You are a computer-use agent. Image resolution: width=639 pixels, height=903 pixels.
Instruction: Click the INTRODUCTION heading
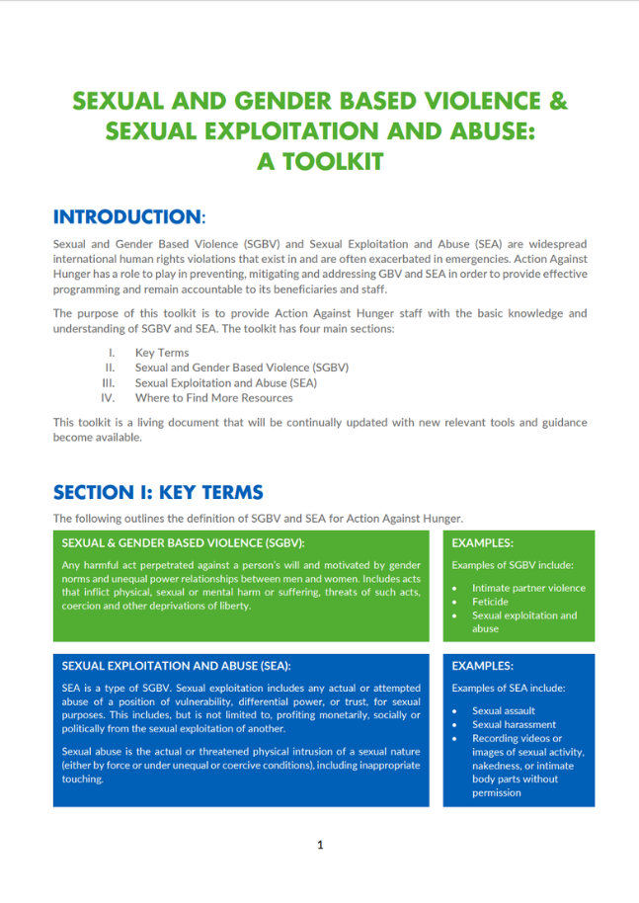(x=126, y=216)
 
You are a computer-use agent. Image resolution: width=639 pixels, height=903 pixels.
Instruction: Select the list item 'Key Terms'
(x=162, y=352)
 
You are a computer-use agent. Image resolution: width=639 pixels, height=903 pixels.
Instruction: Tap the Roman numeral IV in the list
(x=109, y=398)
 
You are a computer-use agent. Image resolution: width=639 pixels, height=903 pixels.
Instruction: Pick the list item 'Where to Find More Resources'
(x=213, y=398)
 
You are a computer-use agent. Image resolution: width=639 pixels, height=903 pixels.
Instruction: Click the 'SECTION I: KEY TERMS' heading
(x=158, y=492)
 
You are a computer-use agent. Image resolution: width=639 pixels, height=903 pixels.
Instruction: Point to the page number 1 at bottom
(x=320, y=845)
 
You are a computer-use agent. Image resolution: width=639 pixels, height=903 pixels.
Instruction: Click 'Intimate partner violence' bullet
(x=528, y=588)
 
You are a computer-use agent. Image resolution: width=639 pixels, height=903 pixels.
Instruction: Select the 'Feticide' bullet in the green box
(x=490, y=602)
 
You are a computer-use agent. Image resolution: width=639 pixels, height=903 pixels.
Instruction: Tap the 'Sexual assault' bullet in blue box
(x=504, y=710)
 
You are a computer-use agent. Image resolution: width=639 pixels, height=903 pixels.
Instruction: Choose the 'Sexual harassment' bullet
(x=514, y=724)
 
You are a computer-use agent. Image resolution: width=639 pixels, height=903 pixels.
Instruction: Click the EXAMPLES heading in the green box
(x=482, y=542)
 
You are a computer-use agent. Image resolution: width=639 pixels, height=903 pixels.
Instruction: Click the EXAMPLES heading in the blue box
(x=482, y=666)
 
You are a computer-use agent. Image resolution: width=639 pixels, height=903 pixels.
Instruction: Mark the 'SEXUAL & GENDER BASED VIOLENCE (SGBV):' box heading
(x=183, y=542)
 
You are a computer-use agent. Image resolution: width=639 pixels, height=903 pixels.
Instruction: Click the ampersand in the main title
(x=558, y=102)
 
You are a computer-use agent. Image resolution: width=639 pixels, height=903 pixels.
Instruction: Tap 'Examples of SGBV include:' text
(x=513, y=565)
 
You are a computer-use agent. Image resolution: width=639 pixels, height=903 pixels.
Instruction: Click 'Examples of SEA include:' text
(x=508, y=688)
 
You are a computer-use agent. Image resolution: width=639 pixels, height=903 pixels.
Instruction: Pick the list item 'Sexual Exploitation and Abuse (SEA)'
(x=225, y=382)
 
